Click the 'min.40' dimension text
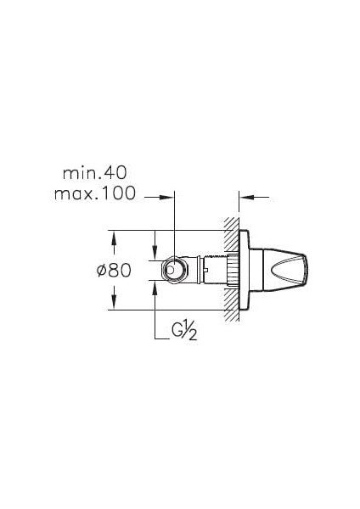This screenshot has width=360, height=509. pos(94,173)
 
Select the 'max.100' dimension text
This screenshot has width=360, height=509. pos(94,193)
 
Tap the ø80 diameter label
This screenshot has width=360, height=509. pos(114,270)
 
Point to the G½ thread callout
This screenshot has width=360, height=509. pos(184,331)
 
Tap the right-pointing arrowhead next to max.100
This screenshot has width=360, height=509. pos(166,197)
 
